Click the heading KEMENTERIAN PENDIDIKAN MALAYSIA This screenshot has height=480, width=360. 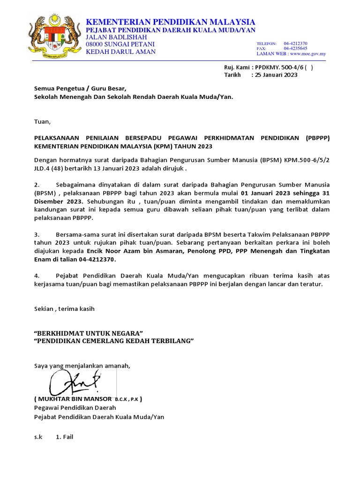(x=170, y=22)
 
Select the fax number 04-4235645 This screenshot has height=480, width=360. (x=295, y=48)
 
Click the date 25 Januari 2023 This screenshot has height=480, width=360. (x=276, y=75)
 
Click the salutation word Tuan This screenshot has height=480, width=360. (x=42, y=121)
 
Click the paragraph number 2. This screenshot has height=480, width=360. (x=37, y=185)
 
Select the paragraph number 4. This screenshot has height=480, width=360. (x=37, y=276)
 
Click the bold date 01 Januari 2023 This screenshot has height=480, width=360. (x=268, y=193)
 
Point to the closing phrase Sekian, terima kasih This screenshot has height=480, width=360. (x=64, y=308)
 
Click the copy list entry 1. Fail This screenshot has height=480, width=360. (x=65, y=437)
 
